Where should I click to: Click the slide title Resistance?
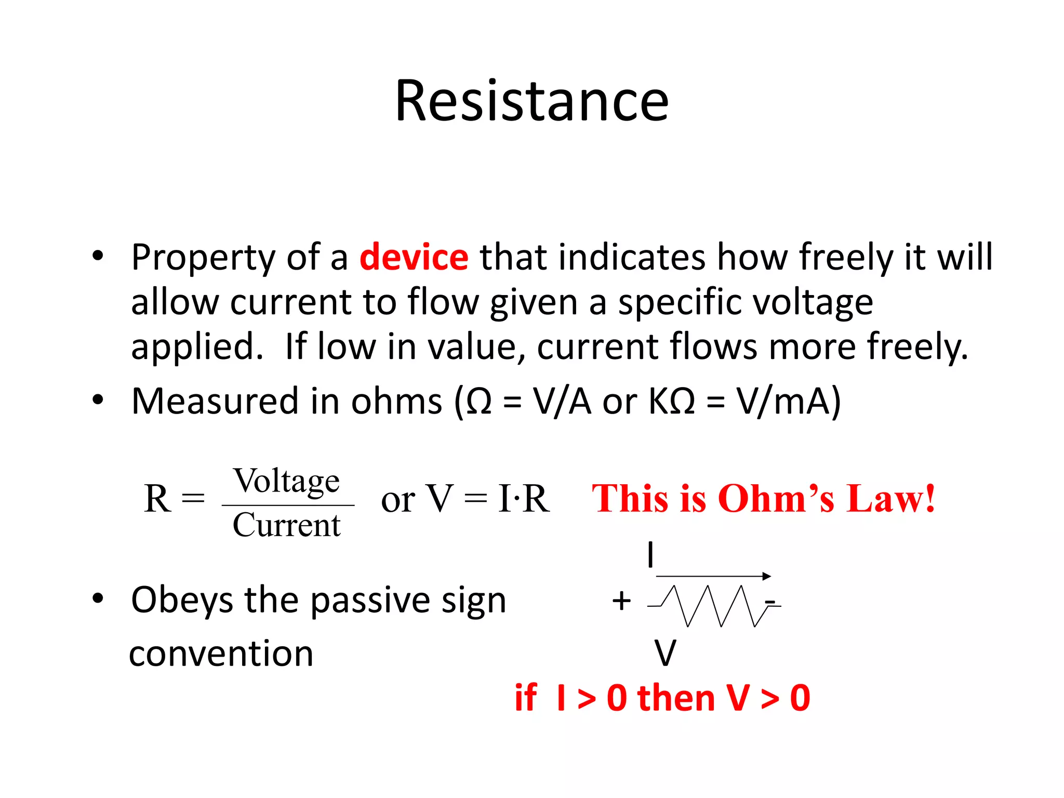(531, 101)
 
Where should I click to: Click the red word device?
(414, 257)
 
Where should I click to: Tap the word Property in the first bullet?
(203, 258)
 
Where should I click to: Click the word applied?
(197, 348)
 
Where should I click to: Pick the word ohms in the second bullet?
(396, 402)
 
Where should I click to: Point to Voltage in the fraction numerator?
(287, 481)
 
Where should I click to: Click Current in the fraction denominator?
(287, 525)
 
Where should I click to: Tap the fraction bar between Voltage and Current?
(288, 505)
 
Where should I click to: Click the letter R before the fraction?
(157, 499)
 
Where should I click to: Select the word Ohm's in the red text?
(776, 499)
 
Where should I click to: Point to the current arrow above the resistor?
(713, 576)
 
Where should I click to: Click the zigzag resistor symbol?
(714, 606)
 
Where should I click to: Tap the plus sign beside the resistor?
(621, 601)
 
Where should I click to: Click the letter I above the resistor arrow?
(650, 555)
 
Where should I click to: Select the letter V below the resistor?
(665, 653)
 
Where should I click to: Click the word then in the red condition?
(676, 698)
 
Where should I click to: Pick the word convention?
(221, 654)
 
